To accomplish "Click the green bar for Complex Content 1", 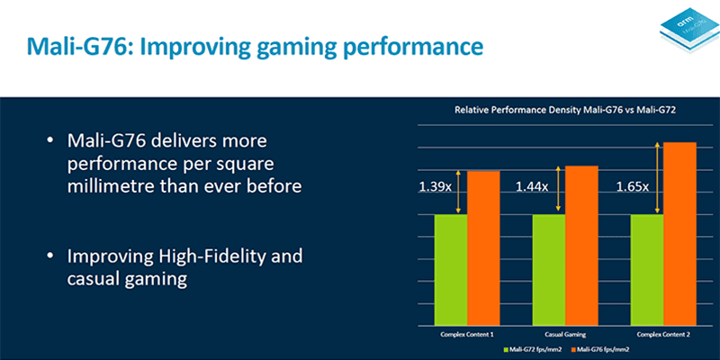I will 451,270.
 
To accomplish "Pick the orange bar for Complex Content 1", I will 483,248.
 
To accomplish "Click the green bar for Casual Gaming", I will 548,270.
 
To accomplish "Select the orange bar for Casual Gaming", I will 580,246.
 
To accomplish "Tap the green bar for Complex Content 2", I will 645,270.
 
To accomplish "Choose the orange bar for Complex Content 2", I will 679,234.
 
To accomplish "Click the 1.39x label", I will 435,188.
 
